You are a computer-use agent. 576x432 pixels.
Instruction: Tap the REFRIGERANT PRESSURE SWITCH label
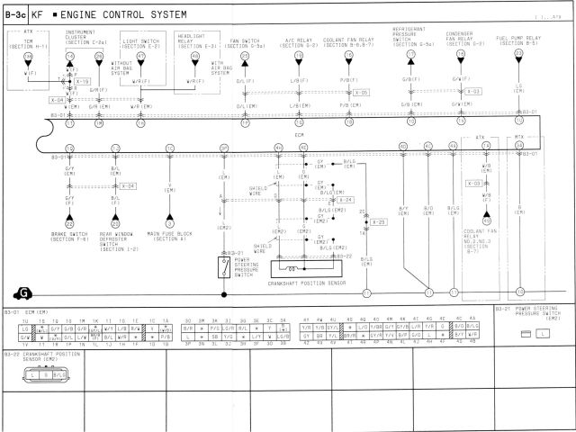pos(409,35)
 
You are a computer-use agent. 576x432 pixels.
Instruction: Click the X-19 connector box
pos(82,81)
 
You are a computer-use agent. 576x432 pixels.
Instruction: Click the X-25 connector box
pos(378,221)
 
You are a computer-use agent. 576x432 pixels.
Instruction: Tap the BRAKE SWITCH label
pos(69,237)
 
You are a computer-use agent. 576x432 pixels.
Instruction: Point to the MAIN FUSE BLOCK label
pos(169,237)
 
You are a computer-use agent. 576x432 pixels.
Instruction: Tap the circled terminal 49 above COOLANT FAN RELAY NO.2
pos(487,220)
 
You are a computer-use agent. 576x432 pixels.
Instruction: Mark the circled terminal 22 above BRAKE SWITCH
pos(69,223)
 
